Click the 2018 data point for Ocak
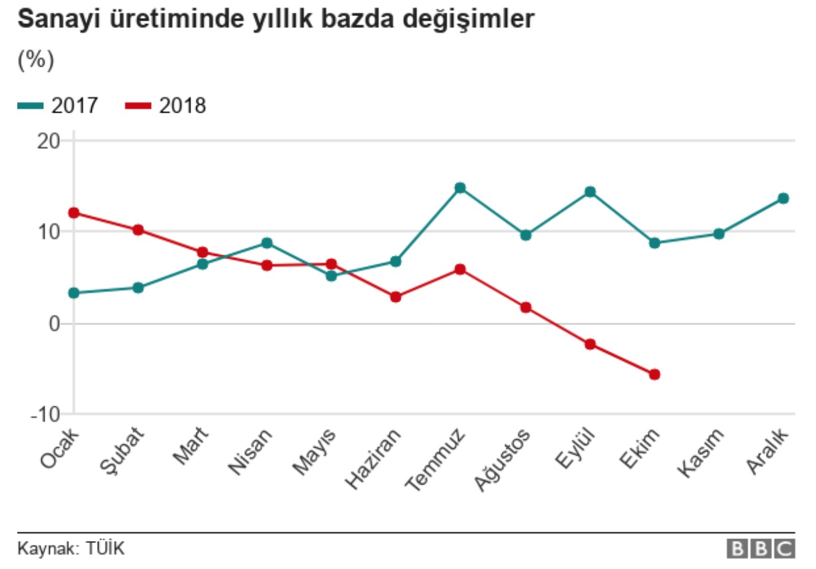pos(74,213)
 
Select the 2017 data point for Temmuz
pos(460,188)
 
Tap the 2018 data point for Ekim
pos(654,374)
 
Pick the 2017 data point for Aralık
pos(783,198)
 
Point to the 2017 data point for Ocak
pos(74,293)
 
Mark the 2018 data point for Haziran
pos(396,297)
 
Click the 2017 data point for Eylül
pos(590,192)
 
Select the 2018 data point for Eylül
pos(590,344)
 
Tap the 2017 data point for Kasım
pos(719,234)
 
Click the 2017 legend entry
pos(59,106)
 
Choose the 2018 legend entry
pos(166,106)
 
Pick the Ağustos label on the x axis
pos(505,459)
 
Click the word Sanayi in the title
pos(53,19)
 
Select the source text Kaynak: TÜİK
pos(71,549)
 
